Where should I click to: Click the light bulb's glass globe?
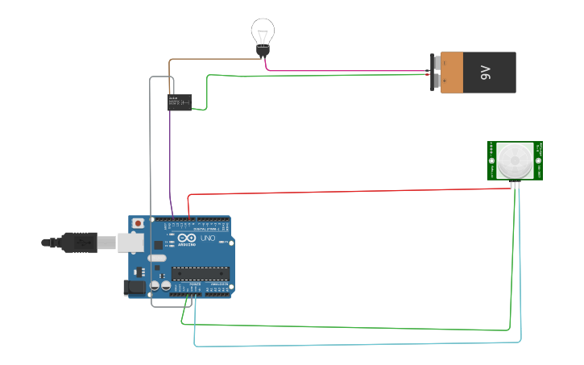pyautogui.click(x=262, y=32)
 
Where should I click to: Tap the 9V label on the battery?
pyautogui.click(x=485, y=73)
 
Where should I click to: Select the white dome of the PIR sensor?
pyautogui.click(x=515, y=160)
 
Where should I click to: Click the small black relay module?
pyautogui.click(x=179, y=102)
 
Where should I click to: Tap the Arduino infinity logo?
pyautogui.click(x=187, y=238)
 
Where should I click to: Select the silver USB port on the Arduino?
pyautogui.click(x=130, y=242)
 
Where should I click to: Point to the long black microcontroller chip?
pyautogui.click(x=201, y=273)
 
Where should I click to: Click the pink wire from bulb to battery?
pyautogui.click(x=346, y=71)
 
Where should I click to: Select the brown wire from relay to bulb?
pyautogui.click(x=209, y=59)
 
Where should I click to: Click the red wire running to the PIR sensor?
pyautogui.click(x=346, y=192)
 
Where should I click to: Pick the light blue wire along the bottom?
pyautogui.click(x=354, y=346)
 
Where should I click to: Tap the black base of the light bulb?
pyautogui.click(x=262, y=51)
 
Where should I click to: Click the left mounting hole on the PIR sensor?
pyautogui.click(x=491, y=160)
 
